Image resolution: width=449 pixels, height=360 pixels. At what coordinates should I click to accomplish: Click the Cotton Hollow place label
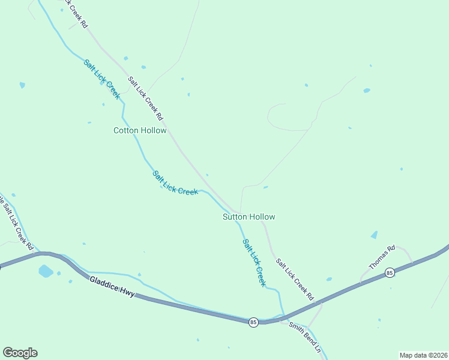click(x=140, y=130)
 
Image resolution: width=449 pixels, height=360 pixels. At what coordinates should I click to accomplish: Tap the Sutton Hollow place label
click(x=249, y=217)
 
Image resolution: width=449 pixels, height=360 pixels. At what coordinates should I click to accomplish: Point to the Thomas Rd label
click(x=382, y=256)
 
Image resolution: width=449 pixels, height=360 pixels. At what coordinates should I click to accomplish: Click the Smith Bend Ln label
click(x=305, y=338)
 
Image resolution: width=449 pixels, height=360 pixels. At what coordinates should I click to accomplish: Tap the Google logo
click(x=20, y=353)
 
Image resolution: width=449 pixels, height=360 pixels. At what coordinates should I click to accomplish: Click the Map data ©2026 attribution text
click(x=423, y=355)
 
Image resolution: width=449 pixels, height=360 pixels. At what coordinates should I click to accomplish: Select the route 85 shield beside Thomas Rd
click(x=390, y=272)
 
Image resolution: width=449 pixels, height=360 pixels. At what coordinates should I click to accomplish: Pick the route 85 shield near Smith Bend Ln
click(x=253, y=322)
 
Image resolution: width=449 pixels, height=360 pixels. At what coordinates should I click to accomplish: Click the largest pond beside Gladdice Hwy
click(x=45, y=271)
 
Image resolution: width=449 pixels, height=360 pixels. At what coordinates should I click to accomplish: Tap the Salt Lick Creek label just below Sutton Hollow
click(x=254, y=262)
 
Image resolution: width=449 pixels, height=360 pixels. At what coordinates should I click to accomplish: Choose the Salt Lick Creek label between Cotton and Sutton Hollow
click(x=175, y=183)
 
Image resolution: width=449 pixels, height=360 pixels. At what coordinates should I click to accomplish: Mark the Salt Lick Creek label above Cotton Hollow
click(x=102, y=79)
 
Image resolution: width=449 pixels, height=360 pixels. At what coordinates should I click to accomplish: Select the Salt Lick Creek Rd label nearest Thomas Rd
click(x=295, y=279)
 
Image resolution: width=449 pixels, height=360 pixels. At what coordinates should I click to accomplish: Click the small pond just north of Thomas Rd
click(x=375, y=235)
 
